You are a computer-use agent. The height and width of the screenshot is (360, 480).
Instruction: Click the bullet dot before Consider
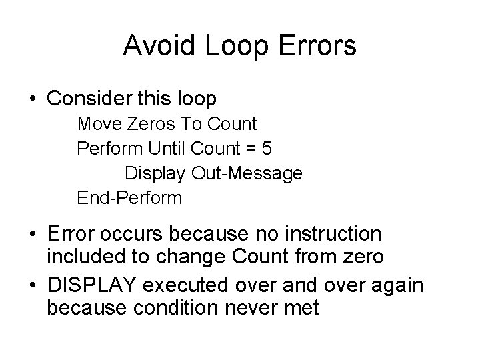(33, 100)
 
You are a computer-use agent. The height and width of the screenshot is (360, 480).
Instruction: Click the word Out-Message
(247, 173)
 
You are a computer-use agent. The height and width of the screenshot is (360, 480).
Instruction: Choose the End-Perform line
(129, 198)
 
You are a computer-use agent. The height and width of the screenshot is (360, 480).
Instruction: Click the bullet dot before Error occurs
(33, 235)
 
